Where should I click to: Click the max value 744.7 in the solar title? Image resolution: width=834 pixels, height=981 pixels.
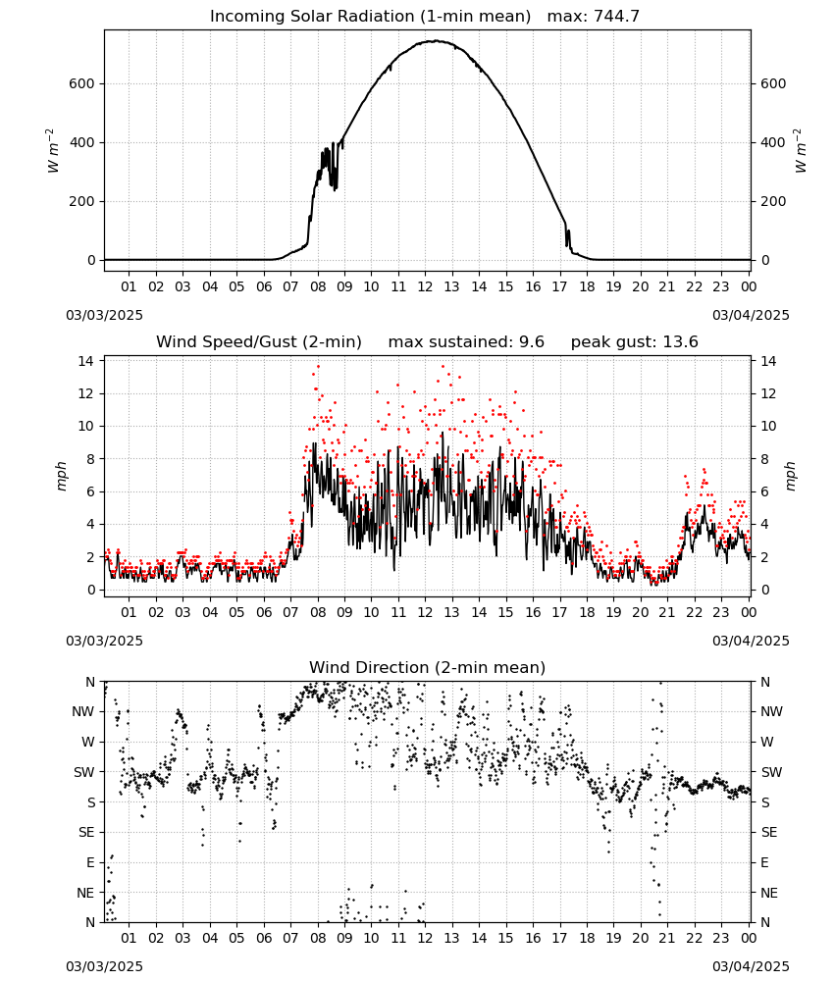coord(615,16)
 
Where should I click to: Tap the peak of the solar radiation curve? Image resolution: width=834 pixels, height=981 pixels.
coord(437,41)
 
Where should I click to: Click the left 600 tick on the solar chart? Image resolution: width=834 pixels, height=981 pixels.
coord(81,83)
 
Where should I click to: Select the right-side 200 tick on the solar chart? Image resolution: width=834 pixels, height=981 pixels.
coord(773,201)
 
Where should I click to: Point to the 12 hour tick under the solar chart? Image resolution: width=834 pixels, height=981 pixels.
coord(425,286)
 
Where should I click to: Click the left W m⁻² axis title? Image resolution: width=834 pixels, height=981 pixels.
coord(53,151)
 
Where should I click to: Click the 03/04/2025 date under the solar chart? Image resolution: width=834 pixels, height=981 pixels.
coord(751,315)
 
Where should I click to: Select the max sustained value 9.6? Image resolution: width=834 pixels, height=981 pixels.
coord(531,342)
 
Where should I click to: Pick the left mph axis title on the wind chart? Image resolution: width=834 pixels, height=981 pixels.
coord(61,476)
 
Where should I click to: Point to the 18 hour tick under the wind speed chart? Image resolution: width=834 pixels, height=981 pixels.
coord(587,612)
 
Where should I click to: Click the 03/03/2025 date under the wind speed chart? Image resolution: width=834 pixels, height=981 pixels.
coord(104,641)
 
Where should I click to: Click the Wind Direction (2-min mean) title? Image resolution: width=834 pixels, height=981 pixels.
coord(428,667)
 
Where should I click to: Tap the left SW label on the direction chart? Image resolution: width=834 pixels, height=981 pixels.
coord(84,772)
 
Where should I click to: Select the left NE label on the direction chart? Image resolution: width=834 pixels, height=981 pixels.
coord(85,893)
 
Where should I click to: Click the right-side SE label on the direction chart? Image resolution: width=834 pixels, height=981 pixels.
coord(769,832)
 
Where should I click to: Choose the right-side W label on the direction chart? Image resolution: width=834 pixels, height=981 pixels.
coord(767,742)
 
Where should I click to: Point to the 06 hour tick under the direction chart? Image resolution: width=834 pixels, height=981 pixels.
coord(264,938)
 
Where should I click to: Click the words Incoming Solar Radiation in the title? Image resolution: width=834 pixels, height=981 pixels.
coord(312,16)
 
